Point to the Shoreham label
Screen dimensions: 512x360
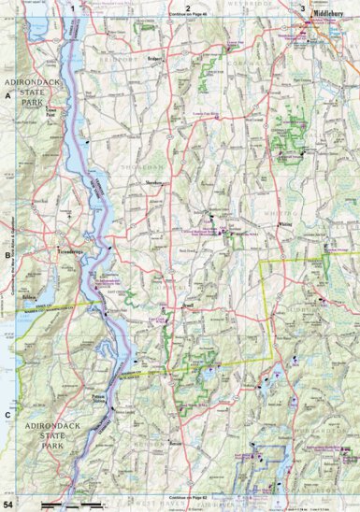[x=153, y=181]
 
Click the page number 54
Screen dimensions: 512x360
[x=9, y=505]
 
